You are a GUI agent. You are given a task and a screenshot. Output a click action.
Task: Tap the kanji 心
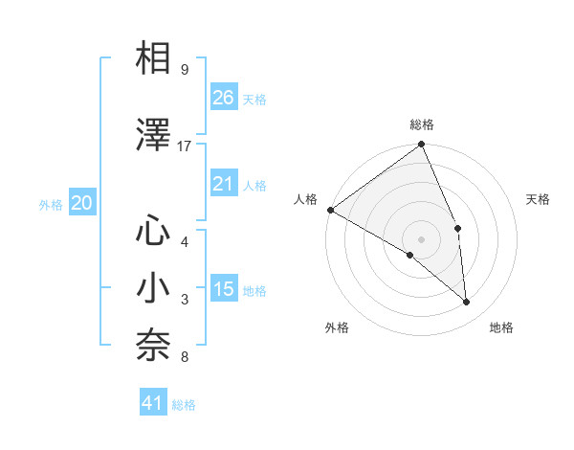click(x=154, y=232)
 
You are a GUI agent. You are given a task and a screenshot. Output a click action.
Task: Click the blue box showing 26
click(x=224, y=97)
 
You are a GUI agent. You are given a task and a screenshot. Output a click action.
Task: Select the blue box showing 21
click(x=224, y=184)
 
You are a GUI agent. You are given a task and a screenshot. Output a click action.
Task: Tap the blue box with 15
click(x=224, y=289)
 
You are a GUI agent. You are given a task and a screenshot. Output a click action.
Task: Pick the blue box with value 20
click(x=82, y=202)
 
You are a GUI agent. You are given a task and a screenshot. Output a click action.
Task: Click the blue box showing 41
click(x=153, y=403)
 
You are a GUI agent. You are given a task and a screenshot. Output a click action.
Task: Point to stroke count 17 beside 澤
click(x=185, y=146)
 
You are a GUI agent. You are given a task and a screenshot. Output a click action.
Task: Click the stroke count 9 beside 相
click(x=184, y=70)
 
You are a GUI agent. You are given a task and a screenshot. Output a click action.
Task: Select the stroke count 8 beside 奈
click(x=184, y=358)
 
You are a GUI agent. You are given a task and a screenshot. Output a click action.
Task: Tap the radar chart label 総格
click(x=422, y=124)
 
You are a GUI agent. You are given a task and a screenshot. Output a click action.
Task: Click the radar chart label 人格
click(x=306, y=199)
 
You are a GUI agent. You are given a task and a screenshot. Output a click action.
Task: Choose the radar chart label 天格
click(x=538, y=199)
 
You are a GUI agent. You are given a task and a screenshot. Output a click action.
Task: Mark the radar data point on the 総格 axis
click(x=421, y=146)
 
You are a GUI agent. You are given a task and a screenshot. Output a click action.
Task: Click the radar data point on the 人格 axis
click(x=330, y=210)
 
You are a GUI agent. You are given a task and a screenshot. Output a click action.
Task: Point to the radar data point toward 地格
click(x=467, y=303)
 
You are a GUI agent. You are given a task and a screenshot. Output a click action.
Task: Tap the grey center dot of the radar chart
click(x=421, y=238)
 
